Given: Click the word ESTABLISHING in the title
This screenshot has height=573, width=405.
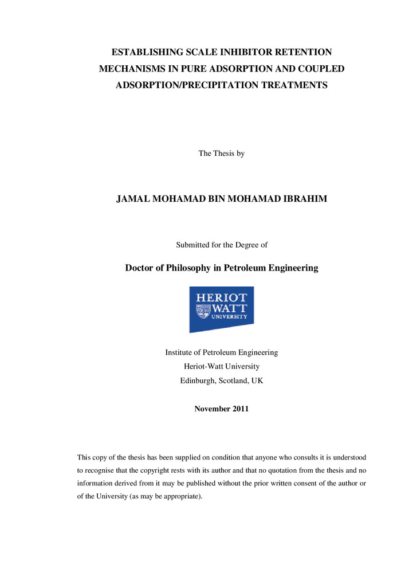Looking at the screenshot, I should click(x=146, y=52).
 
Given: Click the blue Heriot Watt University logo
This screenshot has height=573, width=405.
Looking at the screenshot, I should click(x=221, y=309).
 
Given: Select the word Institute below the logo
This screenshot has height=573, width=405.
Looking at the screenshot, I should click(x=180, y=352).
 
